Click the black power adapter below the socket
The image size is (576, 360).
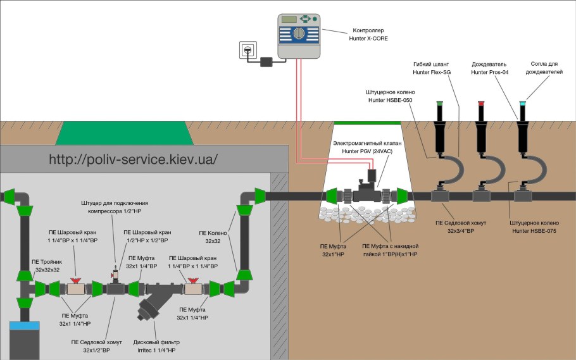click(266, 61)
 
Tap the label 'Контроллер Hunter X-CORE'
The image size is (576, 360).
click(366, 34)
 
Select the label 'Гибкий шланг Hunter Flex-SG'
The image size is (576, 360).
click(432, 68)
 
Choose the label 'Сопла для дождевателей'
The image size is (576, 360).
click(545, 68)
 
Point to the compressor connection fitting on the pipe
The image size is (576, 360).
click(115, 274)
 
